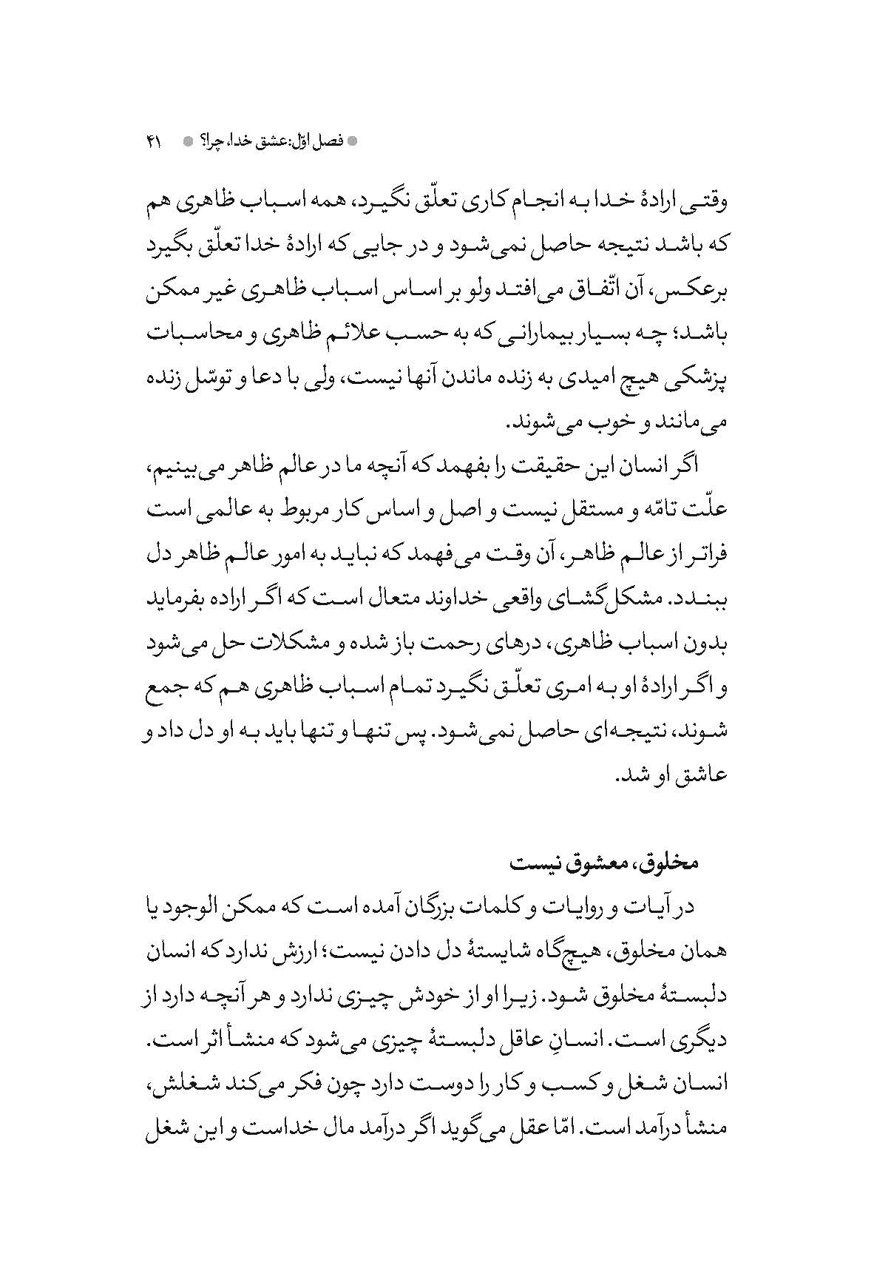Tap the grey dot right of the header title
352,141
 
